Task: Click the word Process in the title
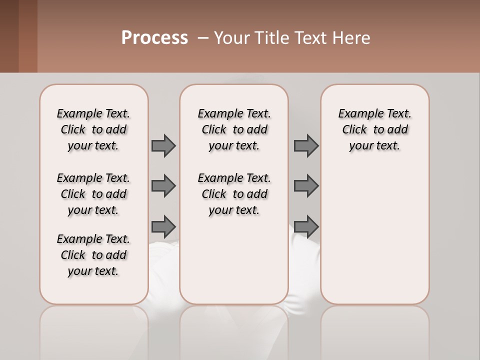pos(154,38)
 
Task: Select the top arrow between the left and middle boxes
pos(163,145)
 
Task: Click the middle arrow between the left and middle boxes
pos(163,186)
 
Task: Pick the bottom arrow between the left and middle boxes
pos(163,226)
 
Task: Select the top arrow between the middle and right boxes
pos(306,145)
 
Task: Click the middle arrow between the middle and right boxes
pos(306,186)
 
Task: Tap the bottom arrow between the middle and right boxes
pos(306,226)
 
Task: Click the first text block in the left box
pos(93,129)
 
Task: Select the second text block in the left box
pos(93,194)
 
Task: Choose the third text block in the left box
pos(93,255)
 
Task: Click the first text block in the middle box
pos(234,129)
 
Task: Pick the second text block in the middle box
pos(234,194)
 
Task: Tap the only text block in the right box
pos(374,129)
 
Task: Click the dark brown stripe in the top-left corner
pos(9,36)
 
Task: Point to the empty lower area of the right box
pos(374,235)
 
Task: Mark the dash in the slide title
pos(203,38)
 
